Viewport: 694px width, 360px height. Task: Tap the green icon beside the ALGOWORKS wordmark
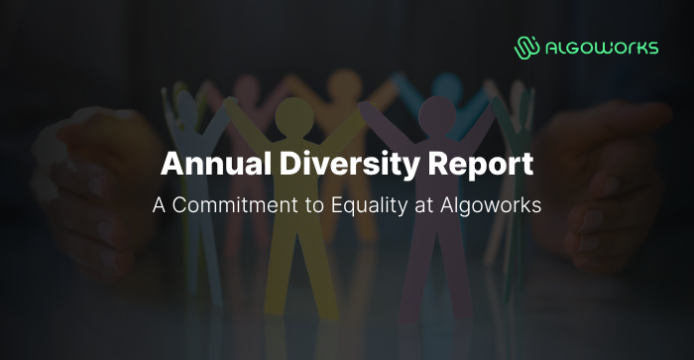526,47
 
